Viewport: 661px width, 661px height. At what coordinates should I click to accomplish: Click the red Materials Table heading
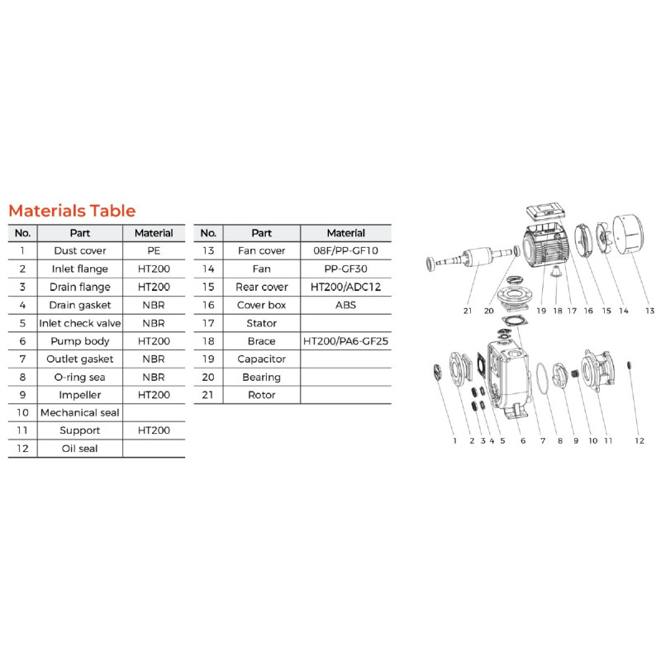72,211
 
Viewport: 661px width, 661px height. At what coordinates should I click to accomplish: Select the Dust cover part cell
80,251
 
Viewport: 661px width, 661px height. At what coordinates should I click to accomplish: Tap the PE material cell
154,251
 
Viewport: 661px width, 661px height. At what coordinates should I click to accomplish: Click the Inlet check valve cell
80,323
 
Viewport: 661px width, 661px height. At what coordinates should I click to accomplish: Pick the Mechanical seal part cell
80,412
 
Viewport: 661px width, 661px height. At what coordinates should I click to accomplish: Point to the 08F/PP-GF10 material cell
345,251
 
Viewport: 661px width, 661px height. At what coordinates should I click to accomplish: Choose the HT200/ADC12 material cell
345,287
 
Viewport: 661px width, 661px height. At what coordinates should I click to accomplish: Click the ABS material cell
345,305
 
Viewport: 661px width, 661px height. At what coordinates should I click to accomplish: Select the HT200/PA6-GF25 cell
345,341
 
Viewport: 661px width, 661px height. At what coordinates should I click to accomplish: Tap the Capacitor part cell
262,359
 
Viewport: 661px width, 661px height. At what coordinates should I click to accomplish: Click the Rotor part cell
262,395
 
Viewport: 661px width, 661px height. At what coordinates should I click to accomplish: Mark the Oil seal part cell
80,449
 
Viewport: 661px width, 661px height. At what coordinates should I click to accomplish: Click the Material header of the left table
154,233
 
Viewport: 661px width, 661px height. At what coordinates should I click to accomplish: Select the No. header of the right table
208,233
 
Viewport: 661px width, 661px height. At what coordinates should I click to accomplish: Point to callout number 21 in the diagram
468,311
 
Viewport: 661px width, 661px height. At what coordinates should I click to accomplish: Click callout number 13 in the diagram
650,311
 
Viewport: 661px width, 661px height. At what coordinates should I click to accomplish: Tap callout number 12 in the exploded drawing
640,440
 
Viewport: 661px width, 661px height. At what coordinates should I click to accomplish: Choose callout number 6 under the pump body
523,440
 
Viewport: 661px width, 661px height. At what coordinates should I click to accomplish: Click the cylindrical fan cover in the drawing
628,235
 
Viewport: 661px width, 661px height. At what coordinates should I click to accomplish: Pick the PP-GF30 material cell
345,269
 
